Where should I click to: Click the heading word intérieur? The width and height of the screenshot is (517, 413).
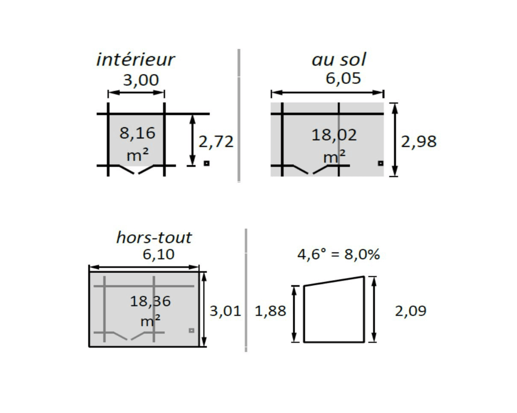coord(135,59)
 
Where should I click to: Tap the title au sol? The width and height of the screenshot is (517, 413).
coord(339,60)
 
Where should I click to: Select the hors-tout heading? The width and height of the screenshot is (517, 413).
coord(154,237)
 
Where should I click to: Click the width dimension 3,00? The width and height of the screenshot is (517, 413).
coord(141,80)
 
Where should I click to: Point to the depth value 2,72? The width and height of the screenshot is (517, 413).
coord(216,142)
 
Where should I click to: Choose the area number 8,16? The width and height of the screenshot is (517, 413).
coord(137,133)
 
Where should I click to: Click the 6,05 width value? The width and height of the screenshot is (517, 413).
coord(343,78)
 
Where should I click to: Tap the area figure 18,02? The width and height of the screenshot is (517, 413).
coord(334,135)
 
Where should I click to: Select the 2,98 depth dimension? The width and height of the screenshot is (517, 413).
coord(419,142)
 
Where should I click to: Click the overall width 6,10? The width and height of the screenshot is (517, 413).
coord(159,254)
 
